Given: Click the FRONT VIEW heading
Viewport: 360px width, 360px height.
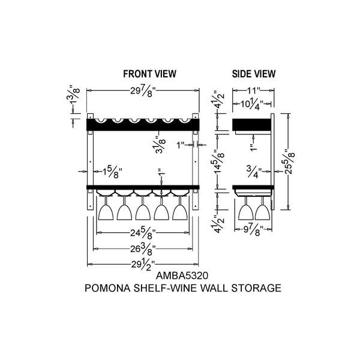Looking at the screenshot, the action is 149,74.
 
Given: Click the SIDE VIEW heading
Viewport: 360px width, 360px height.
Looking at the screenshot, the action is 253,74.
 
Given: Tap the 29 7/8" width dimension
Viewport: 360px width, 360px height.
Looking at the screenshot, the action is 143,91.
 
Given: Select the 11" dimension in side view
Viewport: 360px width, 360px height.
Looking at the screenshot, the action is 253,90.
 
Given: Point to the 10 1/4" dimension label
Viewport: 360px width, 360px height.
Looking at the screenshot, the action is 251,104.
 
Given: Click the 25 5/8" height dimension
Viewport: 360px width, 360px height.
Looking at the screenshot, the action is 290,161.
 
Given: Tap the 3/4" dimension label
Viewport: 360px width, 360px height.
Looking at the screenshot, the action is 254,172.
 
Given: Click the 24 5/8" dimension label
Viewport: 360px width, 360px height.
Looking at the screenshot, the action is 143,234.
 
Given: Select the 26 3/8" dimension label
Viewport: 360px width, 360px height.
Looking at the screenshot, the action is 143,250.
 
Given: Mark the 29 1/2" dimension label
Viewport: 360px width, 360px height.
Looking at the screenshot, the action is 143,265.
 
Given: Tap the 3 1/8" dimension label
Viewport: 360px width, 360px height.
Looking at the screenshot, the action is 160,145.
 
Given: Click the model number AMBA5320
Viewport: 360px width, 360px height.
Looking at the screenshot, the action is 182,276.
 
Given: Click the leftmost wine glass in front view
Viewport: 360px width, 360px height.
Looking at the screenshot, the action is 106,208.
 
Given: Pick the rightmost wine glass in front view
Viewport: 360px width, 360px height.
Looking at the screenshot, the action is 180,208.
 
